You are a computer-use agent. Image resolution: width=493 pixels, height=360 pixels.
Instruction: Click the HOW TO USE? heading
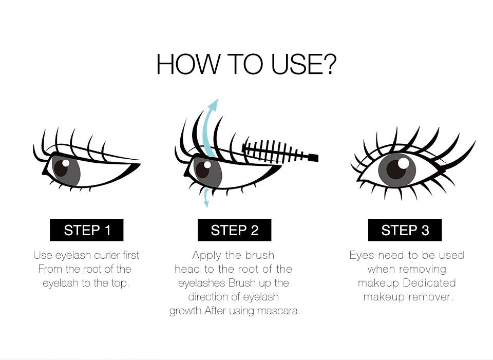click(246, 65)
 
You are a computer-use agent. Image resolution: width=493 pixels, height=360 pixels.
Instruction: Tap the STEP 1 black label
click(86, 230)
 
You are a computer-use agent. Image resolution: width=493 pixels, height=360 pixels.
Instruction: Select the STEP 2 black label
click(234, 230)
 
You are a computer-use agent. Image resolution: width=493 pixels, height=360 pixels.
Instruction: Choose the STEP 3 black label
click(405, 230)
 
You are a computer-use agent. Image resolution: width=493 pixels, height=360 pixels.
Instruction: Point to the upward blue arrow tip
click(215, 101)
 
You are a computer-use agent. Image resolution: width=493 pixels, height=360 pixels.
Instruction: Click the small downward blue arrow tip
click(206, 205)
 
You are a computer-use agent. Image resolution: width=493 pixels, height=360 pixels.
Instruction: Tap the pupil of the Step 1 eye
click(61, 167)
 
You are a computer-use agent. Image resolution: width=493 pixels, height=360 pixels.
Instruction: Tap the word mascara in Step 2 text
click(278, 311)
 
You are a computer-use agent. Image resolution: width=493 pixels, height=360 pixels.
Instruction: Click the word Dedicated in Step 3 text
click(429, 282)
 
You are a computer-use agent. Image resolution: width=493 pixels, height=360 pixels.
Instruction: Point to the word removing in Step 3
click(423, 270)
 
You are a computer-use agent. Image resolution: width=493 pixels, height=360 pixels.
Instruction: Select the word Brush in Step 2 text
click(242, 282)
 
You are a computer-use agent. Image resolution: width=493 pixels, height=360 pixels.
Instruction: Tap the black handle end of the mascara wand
click(313, 158)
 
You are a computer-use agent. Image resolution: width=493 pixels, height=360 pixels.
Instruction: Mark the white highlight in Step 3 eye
click(404, 163)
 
